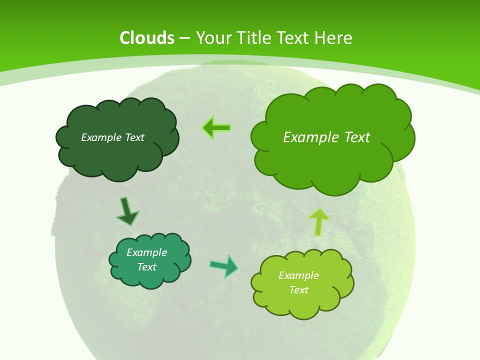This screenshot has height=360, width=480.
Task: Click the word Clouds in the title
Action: tap(147, 38)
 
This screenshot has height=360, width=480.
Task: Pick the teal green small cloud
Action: tap(150, 277)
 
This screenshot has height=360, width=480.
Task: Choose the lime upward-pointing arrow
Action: tap(319, 221)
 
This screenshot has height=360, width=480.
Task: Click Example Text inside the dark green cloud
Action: tap(112, 137)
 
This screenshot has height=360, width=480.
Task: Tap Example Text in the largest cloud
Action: tap(326, 137)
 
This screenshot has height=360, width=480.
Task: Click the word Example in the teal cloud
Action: tap(146, 252)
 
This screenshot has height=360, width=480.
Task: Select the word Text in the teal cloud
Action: tap(146, 267)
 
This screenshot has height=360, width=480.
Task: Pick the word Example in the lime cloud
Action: tap(298, 275)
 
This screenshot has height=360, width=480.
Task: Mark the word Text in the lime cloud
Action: tap(298, 290)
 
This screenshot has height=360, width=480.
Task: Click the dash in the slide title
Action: tap(184, 38)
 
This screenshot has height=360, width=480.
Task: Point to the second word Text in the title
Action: tap(294, 38)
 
